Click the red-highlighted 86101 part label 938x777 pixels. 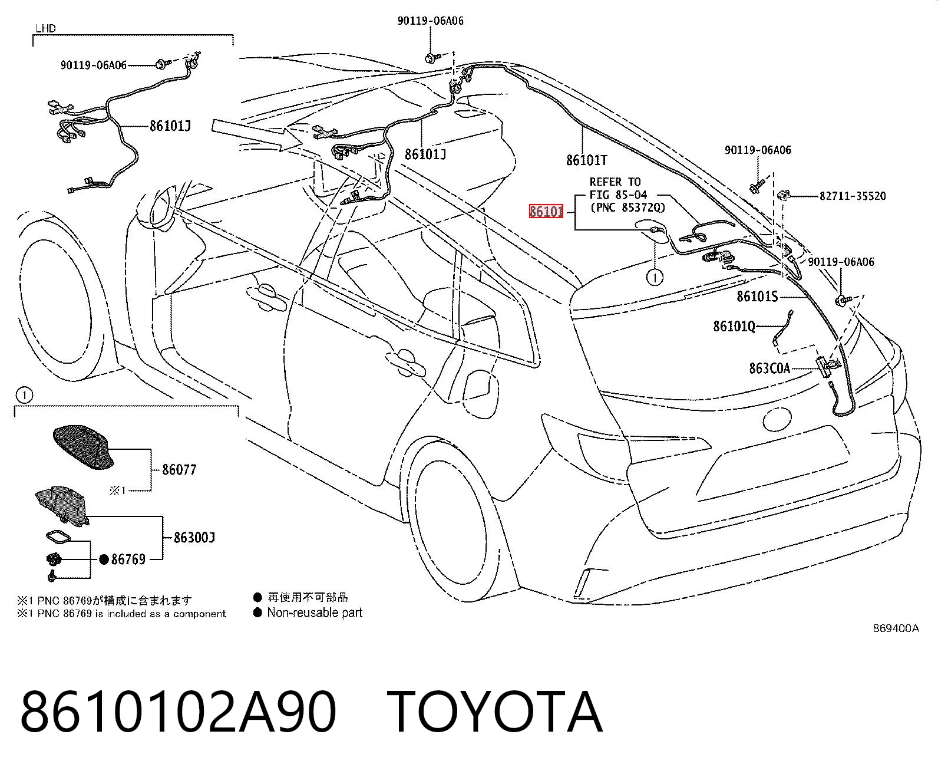[x=546, y=211]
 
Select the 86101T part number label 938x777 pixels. [x=587, y=160]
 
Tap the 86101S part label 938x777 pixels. [x=757, y=297]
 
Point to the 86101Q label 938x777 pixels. [x=734, y=326]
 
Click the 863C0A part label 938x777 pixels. [x=769, y=368]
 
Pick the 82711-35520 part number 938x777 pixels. [x=852, y=196]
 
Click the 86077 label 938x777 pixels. [x=179, y=470]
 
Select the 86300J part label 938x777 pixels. [x=194, y=537]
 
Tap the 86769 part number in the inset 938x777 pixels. [x=128, y=559]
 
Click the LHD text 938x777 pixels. [x=45, y=28]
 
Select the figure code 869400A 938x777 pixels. [x=896, y=628]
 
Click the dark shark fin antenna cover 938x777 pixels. [x=84, y=447]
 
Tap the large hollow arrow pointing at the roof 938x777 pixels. [x=257, y=134]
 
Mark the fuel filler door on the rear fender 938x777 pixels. [x=482, y=393]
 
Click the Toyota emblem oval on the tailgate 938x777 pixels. [x=777, y=418]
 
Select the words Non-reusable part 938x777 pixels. [x=315, y=613]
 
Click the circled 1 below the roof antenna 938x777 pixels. [x=655, y=278]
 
